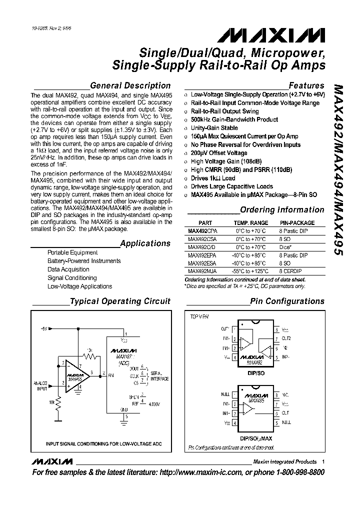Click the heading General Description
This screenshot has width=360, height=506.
(130, 85)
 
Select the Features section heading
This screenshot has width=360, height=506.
(306, 85)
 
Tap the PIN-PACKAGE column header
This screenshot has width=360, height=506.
(297, 223)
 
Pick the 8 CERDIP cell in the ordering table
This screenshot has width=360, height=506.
(292, 271)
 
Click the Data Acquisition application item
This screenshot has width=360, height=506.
(68, 269)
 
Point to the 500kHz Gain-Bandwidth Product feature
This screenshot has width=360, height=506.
(234, 119)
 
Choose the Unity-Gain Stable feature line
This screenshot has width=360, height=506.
(214, 128)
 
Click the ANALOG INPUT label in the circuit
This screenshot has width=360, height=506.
(41, 385)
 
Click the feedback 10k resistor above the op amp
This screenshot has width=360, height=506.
(89, 356)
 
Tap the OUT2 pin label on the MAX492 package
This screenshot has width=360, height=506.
(286, 338)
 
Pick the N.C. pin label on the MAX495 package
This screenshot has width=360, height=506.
(285, 394)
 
